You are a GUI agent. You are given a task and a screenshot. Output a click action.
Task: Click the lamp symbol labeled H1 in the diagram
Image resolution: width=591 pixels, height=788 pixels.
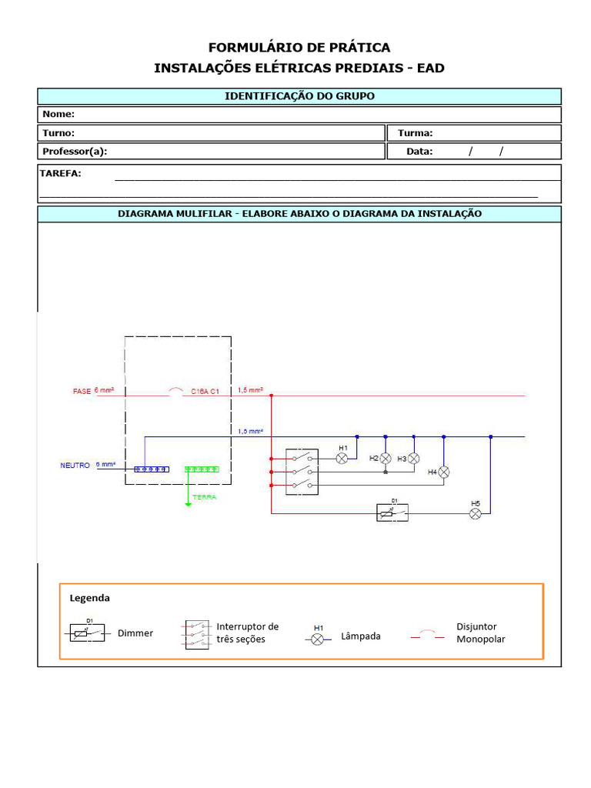point(343,458)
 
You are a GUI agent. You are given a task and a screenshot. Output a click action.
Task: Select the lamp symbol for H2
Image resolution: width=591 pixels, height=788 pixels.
point(386,458)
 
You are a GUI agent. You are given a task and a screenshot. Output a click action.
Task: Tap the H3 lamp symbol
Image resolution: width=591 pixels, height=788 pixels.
point(413,458)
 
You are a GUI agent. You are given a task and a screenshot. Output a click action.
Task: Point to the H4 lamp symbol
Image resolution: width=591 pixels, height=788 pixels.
point(443,472)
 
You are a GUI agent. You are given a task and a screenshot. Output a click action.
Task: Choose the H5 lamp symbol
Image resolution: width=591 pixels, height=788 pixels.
point(476,513)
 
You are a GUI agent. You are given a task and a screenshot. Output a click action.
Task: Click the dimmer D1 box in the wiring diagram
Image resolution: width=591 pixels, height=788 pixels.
point(392,513)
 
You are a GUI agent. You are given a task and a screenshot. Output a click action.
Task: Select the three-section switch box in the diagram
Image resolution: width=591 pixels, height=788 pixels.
point(302,471)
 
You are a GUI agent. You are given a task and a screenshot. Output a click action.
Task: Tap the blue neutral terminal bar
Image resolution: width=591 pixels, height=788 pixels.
point(151,468)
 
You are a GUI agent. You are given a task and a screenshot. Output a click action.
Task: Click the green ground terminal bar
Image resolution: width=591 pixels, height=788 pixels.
point(202,468)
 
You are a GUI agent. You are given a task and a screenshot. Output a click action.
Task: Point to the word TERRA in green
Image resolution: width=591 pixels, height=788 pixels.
point(205,497)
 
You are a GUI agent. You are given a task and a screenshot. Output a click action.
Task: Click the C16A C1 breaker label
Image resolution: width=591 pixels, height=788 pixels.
point(205,392)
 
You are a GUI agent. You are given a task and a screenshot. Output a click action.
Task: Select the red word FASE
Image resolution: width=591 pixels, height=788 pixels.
point(82,392)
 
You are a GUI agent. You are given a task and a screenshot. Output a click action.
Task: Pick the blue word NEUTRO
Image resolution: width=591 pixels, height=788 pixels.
point(75,466)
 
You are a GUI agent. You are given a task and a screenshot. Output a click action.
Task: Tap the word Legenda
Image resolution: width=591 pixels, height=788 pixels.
point(90,598)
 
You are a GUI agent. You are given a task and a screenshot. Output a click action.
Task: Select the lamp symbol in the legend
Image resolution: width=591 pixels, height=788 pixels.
point(317,639)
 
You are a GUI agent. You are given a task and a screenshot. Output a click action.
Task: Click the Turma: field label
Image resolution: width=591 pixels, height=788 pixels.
point(415,133)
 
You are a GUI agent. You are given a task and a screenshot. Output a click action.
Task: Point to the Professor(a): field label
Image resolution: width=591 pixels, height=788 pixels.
point(75,152)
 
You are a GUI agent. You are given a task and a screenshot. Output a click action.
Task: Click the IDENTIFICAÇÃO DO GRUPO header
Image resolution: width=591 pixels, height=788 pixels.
point(299,96)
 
